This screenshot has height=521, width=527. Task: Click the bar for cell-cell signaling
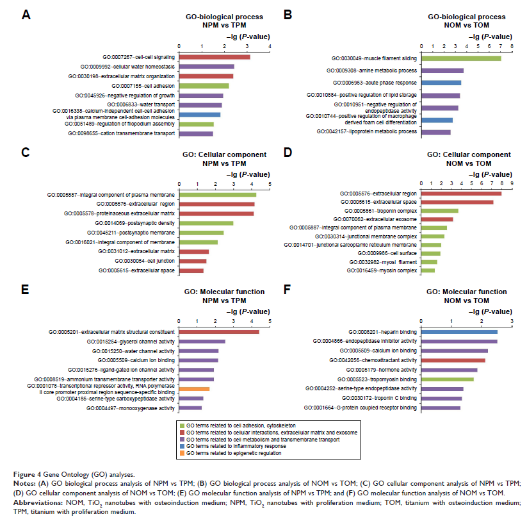[x=214, y=57]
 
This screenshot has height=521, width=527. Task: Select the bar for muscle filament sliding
[x=460, y=58]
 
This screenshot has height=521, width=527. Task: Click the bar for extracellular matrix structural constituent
[x=218, y=332]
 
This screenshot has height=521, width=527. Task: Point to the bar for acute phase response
[x=441, y=83]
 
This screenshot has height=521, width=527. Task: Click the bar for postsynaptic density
[x=206, y=223]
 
